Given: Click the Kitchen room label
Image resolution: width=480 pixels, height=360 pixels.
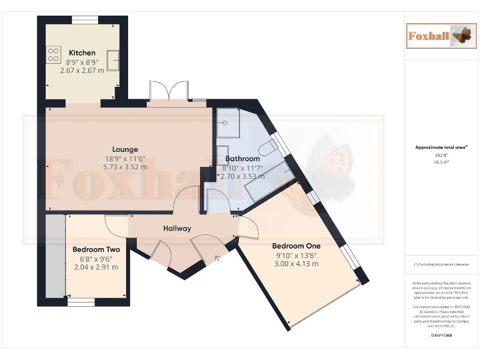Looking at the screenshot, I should [82, 52].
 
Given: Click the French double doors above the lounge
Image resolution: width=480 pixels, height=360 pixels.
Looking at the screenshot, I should [168, 91].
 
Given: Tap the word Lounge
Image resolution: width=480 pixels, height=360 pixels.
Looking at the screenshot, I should [125, 149].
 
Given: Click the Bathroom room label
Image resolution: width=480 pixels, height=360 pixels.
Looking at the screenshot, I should [238, 159].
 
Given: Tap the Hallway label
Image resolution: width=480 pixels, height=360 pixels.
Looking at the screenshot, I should [177, 228].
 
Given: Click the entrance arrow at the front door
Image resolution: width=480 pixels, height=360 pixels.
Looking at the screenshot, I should [217, 259].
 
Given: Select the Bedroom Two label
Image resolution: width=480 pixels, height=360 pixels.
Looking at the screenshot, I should [96, 249].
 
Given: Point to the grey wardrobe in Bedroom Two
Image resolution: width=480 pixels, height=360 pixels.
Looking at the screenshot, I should [55, 256].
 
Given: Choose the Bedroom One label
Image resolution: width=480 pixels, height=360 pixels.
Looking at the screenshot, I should [296, 246].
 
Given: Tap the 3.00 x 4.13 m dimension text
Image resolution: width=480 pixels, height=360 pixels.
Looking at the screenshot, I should [296, 264].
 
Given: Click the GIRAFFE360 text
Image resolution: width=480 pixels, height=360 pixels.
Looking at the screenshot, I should [441, 336].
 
